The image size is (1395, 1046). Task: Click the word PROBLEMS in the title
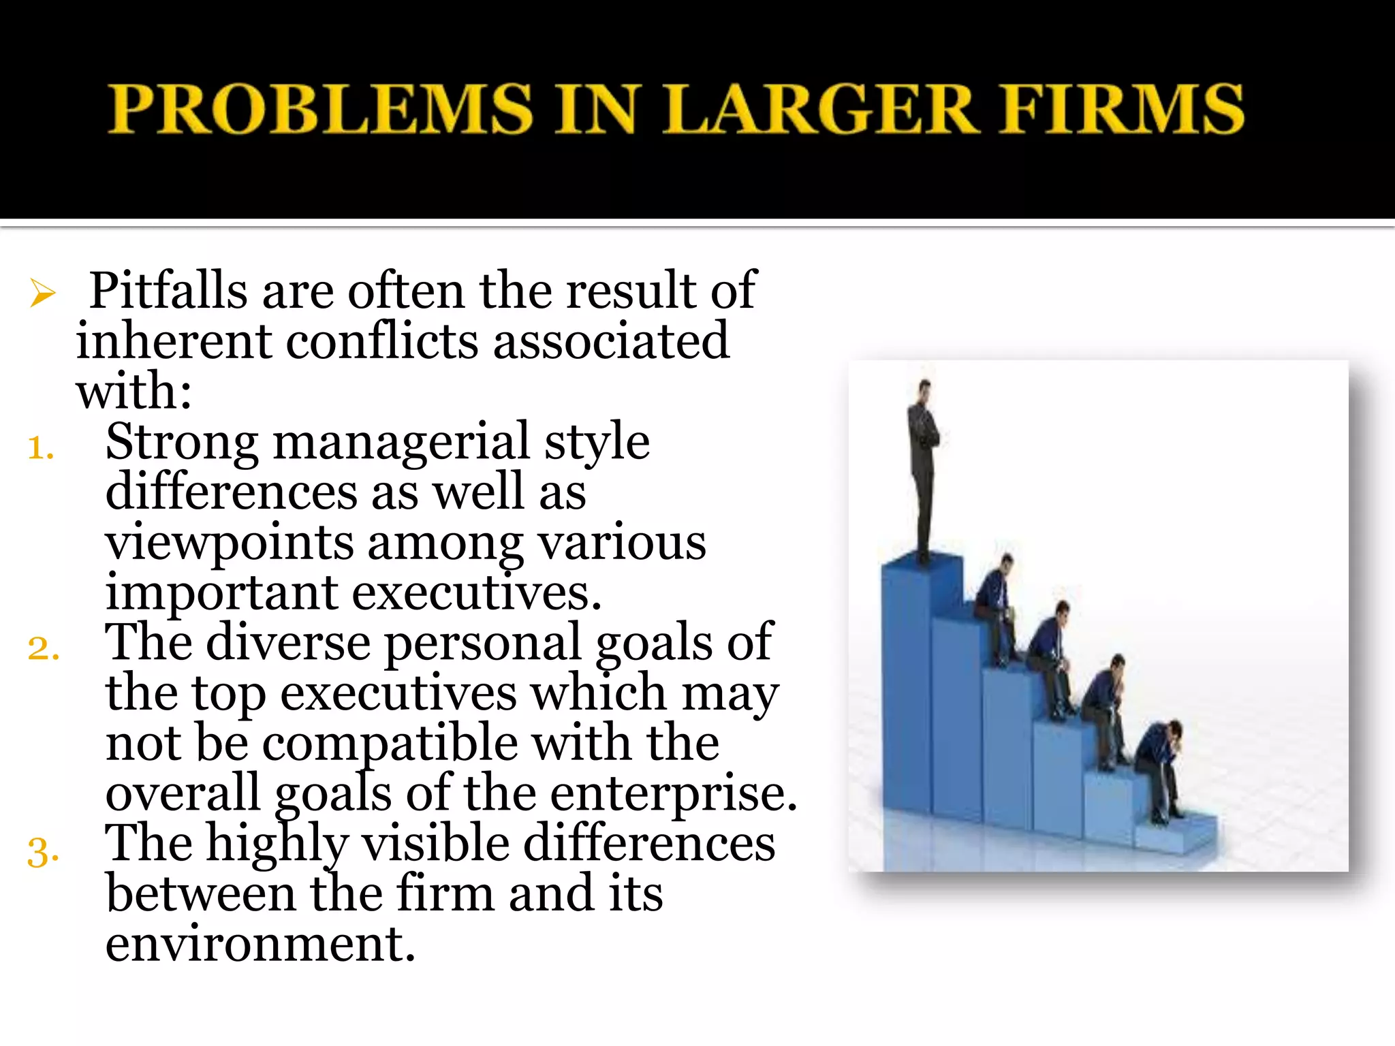tap(321, 109)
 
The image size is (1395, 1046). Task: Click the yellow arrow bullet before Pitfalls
tap(42, 294)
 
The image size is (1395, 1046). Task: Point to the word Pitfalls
tap(168, 291)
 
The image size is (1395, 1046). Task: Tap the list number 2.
tap(42, 648)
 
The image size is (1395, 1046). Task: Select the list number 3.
tap(42, 851)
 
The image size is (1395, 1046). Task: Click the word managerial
tap(401, 443)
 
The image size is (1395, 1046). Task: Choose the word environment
tap(260, 945)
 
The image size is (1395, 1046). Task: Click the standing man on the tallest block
tap(924, 470)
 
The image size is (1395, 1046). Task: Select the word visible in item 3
tap(435, 844)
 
